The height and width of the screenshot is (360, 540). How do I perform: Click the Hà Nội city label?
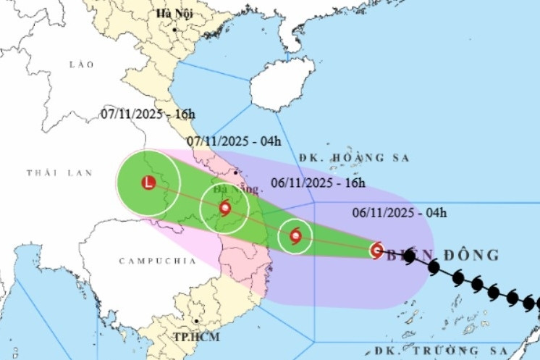coord(173,14)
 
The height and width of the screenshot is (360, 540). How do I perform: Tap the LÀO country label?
coord(82,65)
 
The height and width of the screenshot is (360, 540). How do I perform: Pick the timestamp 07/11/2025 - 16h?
coord(148,114)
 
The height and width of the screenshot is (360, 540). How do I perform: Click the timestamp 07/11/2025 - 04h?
coord(233,141)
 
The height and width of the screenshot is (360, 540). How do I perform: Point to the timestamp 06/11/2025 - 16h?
coord(319,183)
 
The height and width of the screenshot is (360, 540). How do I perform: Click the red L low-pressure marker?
coord(148,183)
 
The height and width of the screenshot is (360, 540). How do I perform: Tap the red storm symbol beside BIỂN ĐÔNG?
coord(376,251)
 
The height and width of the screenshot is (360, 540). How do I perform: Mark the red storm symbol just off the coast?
coord(295,235)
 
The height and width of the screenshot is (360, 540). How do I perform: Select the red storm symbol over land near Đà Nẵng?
coord(224,209)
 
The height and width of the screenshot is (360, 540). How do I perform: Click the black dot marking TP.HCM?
coord(195,320)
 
